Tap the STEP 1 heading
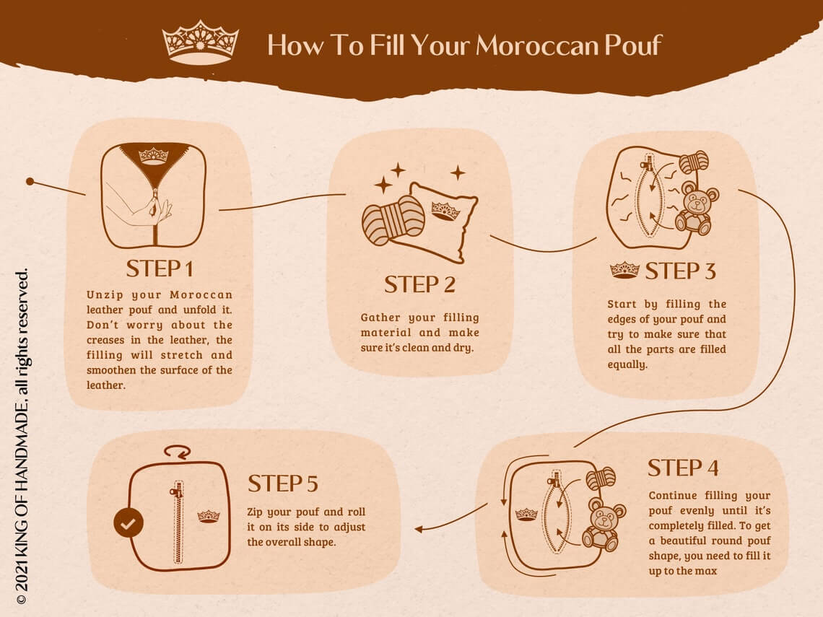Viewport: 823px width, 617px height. click(x=160, y=268)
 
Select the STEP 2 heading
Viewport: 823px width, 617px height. click(x=419, y=284)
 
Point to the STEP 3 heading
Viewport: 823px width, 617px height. click(x=680, y=271)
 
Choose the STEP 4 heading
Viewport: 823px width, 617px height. click(x=683, y=468)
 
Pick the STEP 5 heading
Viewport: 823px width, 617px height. click(x=283, y=483)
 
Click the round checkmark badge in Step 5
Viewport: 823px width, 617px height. click(x=129, y=524)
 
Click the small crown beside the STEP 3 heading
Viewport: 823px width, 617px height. click(x=624, y=271)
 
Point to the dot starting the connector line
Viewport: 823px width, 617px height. click(x=30, y=181)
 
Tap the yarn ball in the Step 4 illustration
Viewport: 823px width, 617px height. click(x=600, y=478)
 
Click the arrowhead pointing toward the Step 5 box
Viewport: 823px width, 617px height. click(x=419, y=529)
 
